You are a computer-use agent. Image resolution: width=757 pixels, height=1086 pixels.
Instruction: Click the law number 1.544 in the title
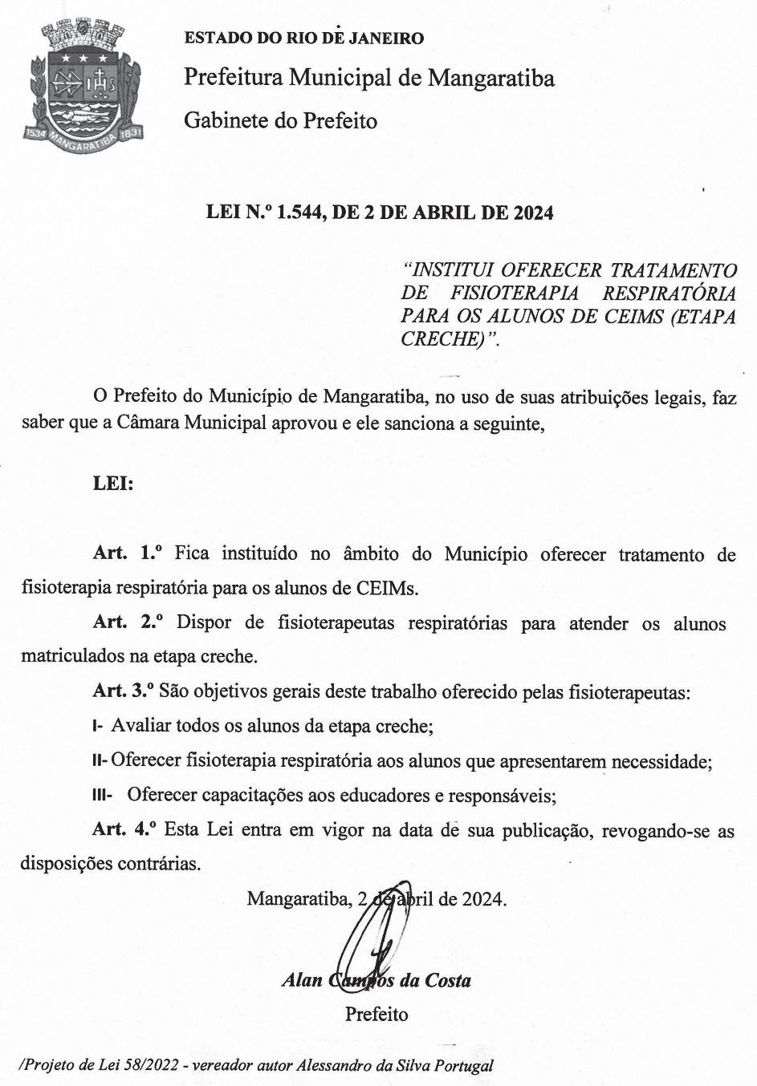[299, 213]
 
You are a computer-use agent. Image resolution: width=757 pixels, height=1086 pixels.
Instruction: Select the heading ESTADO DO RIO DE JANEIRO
[303, 38]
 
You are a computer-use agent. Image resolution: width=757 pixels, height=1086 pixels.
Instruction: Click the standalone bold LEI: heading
[113, 484]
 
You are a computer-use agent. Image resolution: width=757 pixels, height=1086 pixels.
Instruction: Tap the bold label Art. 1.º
[128, 553]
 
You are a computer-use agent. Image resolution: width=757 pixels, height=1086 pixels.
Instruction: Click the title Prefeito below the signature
[376, 1015]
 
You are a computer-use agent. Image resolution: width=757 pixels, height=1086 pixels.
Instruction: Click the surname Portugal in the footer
[463, 1066]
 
